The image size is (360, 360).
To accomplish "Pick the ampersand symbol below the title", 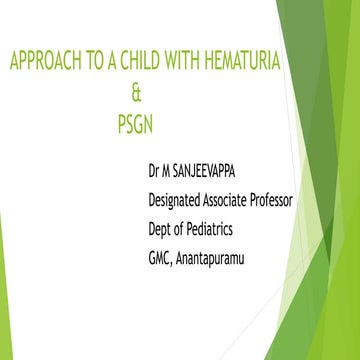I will (x=138, y=96).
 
